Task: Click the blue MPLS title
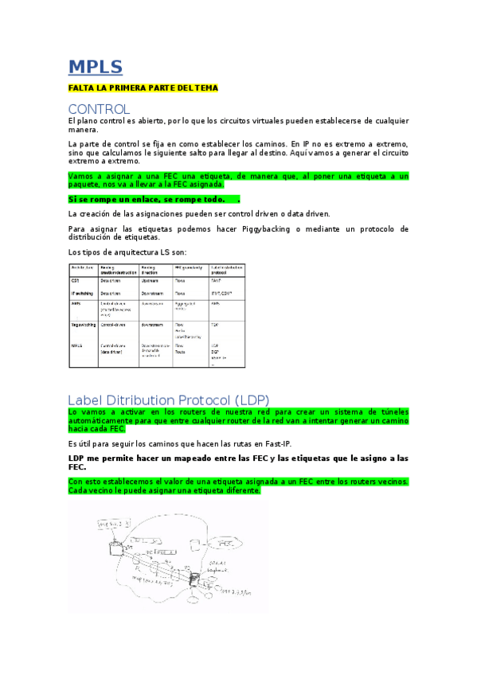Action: tap(95, 66)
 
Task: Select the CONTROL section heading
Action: tap(99, 108)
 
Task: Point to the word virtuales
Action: tap(300, 121)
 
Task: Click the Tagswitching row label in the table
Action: tap(84, 325)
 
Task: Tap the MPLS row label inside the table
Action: tap(77, 345)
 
